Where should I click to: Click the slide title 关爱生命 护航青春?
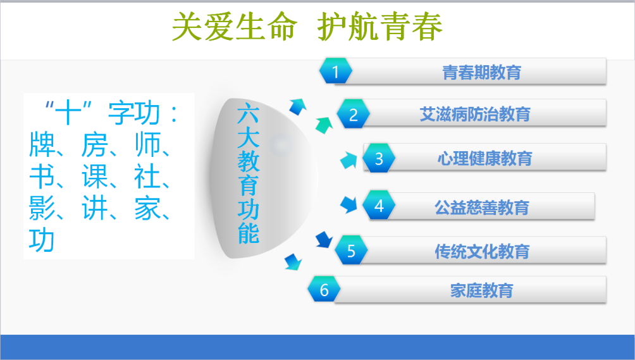(307, 27)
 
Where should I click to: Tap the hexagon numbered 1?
(335, 71)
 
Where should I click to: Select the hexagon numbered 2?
(353, 114)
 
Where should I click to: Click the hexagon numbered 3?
(379, 158)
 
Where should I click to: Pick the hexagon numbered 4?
(379, 206)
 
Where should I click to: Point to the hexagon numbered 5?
(351, 251)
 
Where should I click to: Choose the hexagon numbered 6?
(324, 289)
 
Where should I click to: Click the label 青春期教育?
(481, 73)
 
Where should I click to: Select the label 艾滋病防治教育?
(475, 114)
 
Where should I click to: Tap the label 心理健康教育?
(484, 158)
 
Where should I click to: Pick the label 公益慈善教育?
(482, 208)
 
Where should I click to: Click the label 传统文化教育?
(482, 251)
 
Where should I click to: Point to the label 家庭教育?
(481, 290)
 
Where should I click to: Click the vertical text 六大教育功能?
(248, 173)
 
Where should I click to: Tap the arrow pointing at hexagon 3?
(348, 159)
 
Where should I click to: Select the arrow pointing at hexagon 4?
(348, 204)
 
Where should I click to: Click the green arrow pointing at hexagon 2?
(324, 125)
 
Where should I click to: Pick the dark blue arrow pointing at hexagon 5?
(324, 239)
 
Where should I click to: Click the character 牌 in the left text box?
(42, 144)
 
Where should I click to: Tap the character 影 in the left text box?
(42, 209)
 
